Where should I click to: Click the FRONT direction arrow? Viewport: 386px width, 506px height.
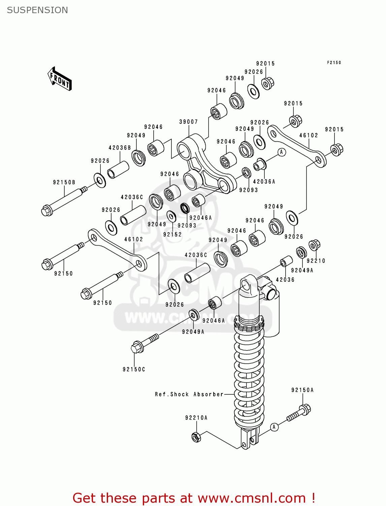click(60, 79)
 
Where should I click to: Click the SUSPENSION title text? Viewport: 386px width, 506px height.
click(37, 10)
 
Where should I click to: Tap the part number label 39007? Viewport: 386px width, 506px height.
click(188, 122)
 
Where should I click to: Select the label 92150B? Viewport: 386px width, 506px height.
click(64, 182)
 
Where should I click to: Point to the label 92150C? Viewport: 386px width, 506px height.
click(134, 369)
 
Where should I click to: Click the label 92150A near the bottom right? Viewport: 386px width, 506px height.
click(302, 390)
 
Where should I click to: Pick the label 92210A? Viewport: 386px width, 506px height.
click(196, 418)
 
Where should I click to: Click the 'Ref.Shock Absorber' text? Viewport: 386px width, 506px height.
click(189, 394)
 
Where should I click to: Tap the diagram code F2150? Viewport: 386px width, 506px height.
click(334, 63)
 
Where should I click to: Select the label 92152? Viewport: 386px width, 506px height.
click(172, 234)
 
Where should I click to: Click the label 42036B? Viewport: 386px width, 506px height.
click(120, 148)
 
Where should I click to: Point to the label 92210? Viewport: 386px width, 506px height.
click(316, 261)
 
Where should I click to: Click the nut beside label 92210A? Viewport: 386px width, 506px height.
click(196, 437)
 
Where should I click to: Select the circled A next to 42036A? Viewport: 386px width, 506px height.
click(282, 152)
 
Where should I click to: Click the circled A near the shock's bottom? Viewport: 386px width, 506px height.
click(274, 427)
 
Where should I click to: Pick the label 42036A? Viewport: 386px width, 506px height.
click(264, 181)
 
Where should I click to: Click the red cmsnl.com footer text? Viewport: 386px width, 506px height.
click(194, 498)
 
